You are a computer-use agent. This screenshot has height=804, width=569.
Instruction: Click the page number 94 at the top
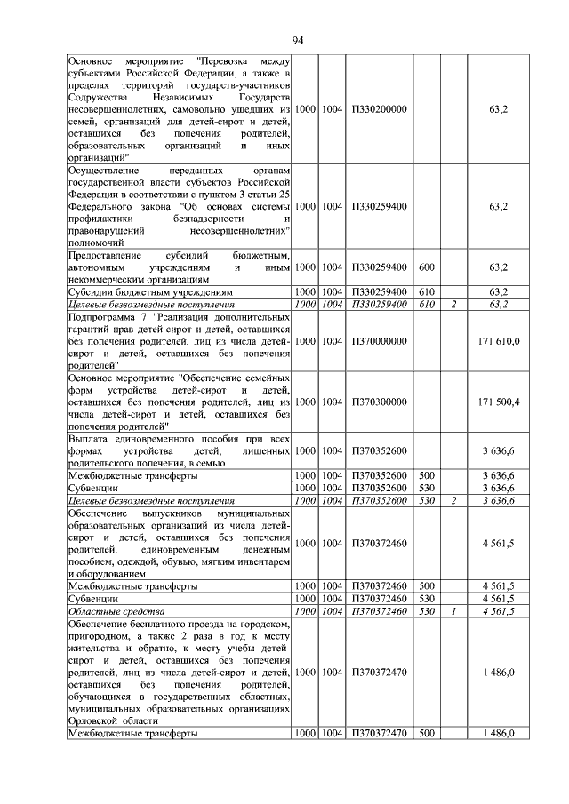[298, 40]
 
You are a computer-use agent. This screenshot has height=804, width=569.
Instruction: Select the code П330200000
[379, 109]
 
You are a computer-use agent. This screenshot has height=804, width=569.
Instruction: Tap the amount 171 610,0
[498, 340]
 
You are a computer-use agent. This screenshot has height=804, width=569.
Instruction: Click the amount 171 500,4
[498, 402]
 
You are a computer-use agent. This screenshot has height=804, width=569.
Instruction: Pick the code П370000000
[379, 340]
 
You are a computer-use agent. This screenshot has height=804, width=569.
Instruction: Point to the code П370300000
[379, 402]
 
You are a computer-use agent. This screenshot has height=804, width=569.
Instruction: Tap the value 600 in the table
[426, 267]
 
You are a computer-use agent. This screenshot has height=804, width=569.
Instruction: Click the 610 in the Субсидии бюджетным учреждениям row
[426, 291]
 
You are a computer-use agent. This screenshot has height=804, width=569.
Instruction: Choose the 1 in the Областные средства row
[453, 611]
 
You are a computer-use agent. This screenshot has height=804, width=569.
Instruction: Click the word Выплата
[90, 439]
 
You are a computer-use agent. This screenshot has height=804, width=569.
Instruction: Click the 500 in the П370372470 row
[426, 734]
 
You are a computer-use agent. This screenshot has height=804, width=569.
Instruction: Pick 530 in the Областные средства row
[426, 611]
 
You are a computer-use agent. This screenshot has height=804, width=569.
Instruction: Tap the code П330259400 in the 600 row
[379, 267]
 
